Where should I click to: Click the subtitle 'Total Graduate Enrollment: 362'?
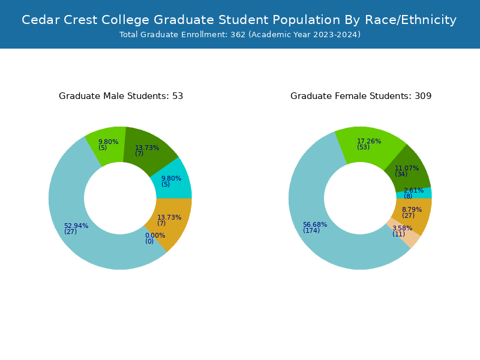pyautogui.click(x=239, y=35)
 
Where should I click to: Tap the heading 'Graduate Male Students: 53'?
pyautogui.click(x=121, y=96)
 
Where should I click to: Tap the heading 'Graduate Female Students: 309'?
pyautogui.click(x=361, y=96)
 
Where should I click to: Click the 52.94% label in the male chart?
pyautogui.click(x=76, y=226)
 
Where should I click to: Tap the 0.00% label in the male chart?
pyautogui.click(x=155, y=236)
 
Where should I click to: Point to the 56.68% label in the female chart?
pyautogui.click(x=315, y=225)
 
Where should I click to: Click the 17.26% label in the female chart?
pyautogui.click(x=369, y=142)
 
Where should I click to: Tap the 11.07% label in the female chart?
pyautogui.click(x=407, y=169)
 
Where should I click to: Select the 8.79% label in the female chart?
pyautogui.click(x=412, y=210)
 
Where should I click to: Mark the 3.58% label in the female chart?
pyautogui.click(x=402, y=229)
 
